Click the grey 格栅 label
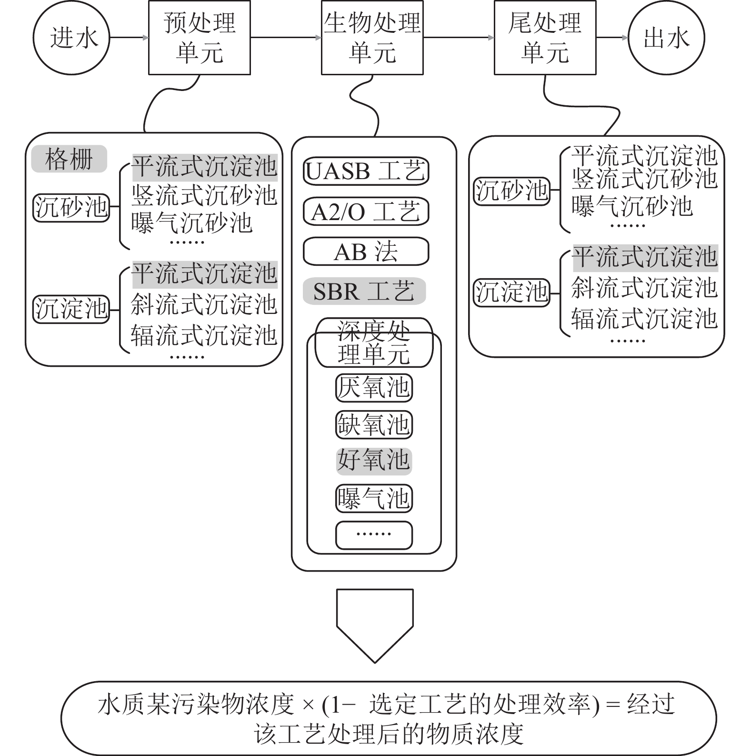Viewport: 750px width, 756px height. [x=69, y=159]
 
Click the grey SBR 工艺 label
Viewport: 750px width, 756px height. [x=364, y=291]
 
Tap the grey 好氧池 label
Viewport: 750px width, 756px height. [x=374, y=461]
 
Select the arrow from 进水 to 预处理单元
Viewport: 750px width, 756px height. [x=129, y=38]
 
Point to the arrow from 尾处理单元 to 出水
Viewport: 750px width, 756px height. [x=612, y=38]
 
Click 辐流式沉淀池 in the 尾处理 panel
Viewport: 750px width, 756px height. [x=644, y=319]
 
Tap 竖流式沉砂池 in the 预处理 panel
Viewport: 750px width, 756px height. [x=204, y=195]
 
